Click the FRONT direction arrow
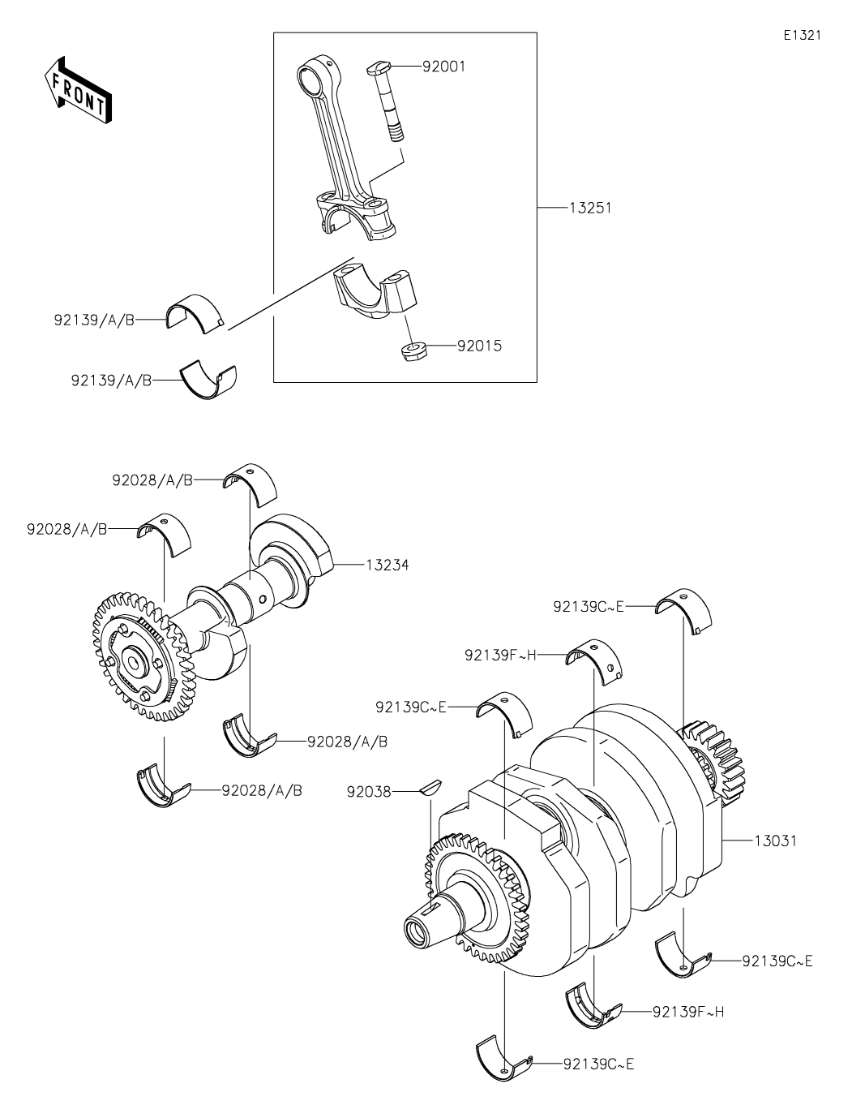78,89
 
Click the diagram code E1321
802,35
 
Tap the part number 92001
444,67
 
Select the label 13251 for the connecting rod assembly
590,208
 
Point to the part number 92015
479,346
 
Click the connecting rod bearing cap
375,293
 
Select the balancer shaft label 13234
387,565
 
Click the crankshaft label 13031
775,841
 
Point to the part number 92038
369,792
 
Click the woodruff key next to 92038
430,789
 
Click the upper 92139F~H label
500,656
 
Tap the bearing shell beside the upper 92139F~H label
595,662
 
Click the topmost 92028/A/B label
152,480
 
